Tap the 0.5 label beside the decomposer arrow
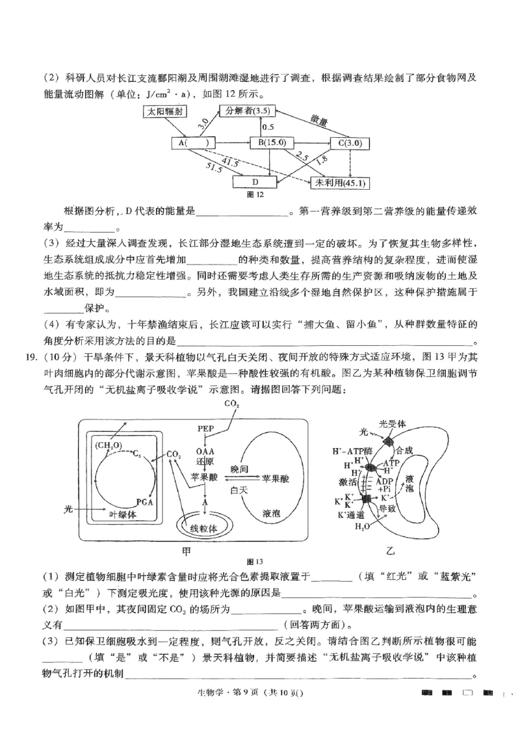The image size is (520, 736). coord(268,127)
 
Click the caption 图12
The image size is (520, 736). coord(255,194)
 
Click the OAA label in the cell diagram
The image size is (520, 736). coord(205,450)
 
